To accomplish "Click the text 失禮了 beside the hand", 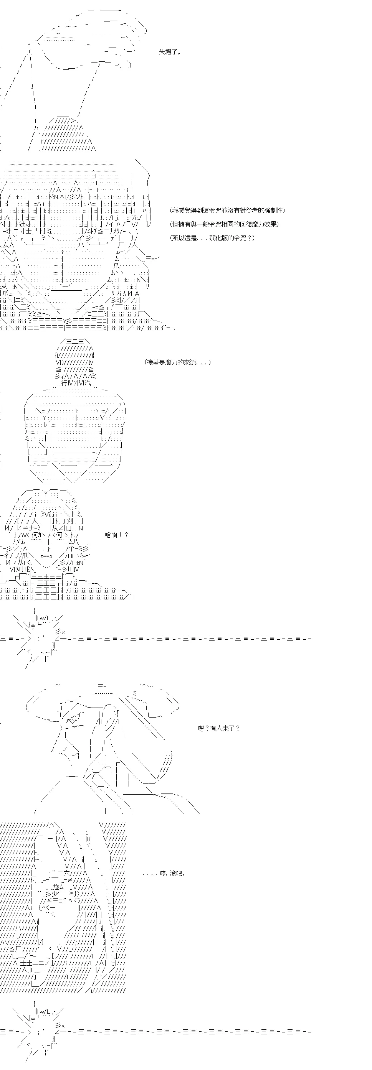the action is (x=170, y=52).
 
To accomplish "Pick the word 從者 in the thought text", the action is (x=251, y=211).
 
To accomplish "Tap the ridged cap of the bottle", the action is (x=75, y=361).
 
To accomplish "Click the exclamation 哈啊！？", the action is (x=117, y=535).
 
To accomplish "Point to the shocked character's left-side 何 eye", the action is (x=35, y=535).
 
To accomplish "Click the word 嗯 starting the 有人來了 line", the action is (x=201, y=728).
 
